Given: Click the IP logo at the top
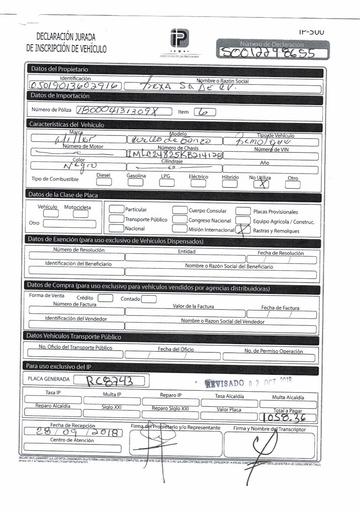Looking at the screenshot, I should [180, 41].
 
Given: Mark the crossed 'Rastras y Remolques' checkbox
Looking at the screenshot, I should [243, 231].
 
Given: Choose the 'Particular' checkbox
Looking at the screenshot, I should [116, 209].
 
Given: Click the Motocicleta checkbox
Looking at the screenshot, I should [80, 214].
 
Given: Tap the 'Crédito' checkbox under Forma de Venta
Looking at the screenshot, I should [105, 298].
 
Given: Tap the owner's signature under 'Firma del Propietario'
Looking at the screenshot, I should [154, 446].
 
